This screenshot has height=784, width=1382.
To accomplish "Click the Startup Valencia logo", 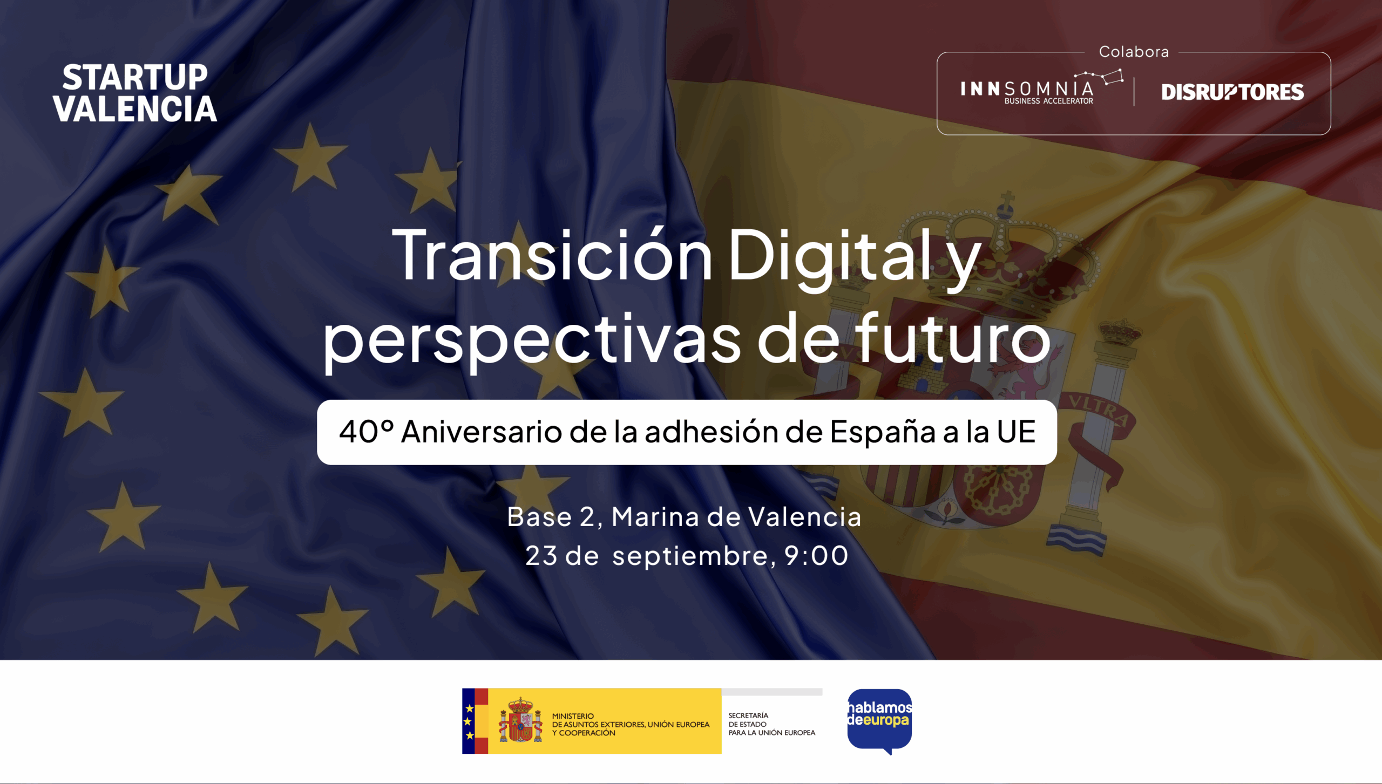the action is (135, 93).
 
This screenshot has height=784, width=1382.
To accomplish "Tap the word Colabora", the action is (1134, 52).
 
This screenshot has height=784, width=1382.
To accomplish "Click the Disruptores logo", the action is (1232, 92).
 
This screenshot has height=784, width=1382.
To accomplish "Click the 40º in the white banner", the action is (366, 432).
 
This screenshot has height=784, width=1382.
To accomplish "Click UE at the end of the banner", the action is (1017, 432).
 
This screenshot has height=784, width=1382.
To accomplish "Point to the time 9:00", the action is (816, 556).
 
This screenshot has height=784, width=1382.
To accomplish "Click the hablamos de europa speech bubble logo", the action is (879, 721).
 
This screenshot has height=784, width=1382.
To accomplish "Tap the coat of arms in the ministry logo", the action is (520, 720).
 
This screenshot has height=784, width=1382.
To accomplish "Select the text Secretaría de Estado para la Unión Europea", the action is (772, 724).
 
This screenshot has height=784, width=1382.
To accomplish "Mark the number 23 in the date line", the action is (541, 556).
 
